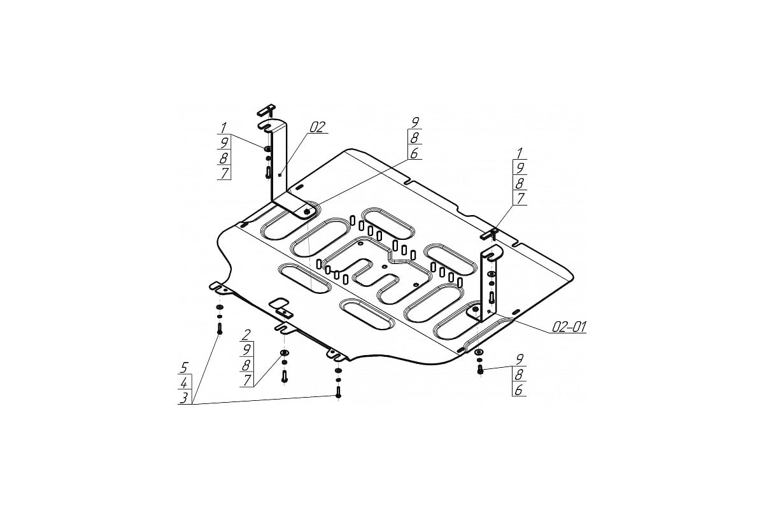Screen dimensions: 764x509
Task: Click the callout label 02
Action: (317, 127)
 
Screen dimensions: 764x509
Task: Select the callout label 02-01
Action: (569, 327)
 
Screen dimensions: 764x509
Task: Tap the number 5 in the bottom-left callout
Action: (184, 368)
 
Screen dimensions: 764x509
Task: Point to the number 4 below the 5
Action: (184, 383)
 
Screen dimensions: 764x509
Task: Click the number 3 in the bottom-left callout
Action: (184, 398)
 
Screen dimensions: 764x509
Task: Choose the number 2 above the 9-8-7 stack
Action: (246, 335)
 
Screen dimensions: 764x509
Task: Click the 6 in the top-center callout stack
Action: (414, 153)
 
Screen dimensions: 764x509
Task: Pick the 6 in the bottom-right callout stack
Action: (519, 390)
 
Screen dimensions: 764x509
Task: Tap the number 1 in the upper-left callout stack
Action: (223, 129)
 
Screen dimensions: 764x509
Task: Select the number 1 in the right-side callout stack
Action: (519, 153)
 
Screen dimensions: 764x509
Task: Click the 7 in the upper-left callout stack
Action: (224, 173)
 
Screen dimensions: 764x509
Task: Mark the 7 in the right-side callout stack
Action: (520, 199)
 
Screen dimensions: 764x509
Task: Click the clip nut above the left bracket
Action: (266, 110)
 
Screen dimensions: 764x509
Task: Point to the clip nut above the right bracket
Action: (489, 234)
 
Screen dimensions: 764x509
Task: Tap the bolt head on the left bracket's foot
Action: (307, 212)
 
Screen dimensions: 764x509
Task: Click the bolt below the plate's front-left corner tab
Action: (220, 329)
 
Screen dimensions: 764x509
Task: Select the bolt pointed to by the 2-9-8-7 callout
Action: (285, 377)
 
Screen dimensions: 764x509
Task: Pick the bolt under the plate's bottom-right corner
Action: (481, 368)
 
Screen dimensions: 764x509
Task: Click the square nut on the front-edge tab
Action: (283, 312)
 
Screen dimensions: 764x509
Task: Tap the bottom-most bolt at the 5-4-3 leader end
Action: (338, 392)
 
